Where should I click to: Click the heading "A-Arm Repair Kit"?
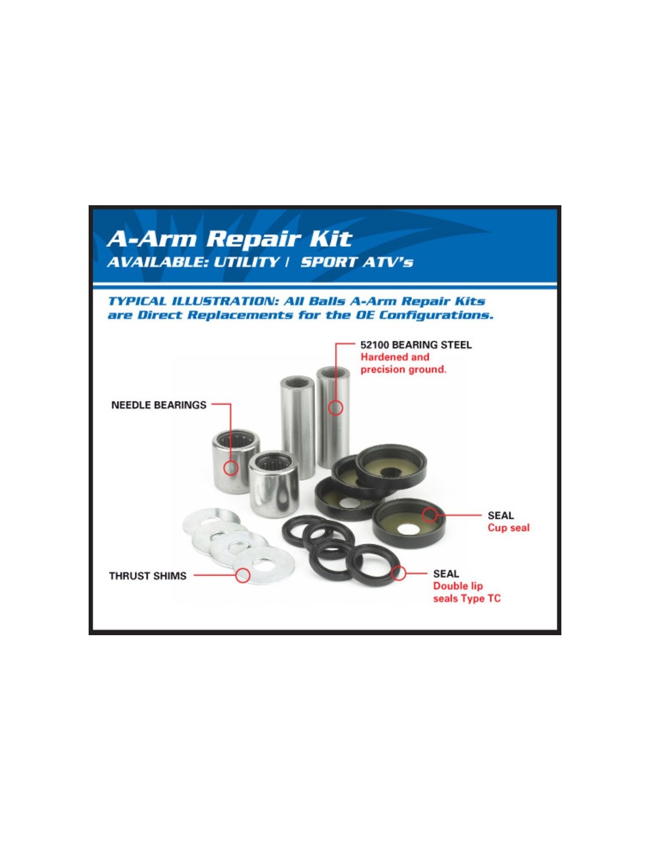(x=229, y=239)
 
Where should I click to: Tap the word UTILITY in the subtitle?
(x=246, y=262)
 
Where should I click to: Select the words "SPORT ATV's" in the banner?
(x=357, y=262)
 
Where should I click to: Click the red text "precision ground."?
(x=404, y=369)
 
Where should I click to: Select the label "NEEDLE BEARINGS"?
(x=159, y=405)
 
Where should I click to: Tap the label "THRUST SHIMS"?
(x=148, y=576)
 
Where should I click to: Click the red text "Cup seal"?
(x=508, y=528)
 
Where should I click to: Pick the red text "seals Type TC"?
(x=467, y=599)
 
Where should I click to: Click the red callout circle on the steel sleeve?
(x=336, y=407)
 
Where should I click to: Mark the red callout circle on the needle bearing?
(x=231, y=468)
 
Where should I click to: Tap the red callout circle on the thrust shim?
(x=243, y=575)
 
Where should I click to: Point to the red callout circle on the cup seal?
(x=429, y=515)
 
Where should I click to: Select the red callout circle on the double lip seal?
(x=398, y=573)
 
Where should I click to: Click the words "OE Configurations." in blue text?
(x=424, y=315)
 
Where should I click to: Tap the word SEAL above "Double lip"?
(x=446, y=574)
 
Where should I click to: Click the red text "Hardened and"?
(x=395, y=357)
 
